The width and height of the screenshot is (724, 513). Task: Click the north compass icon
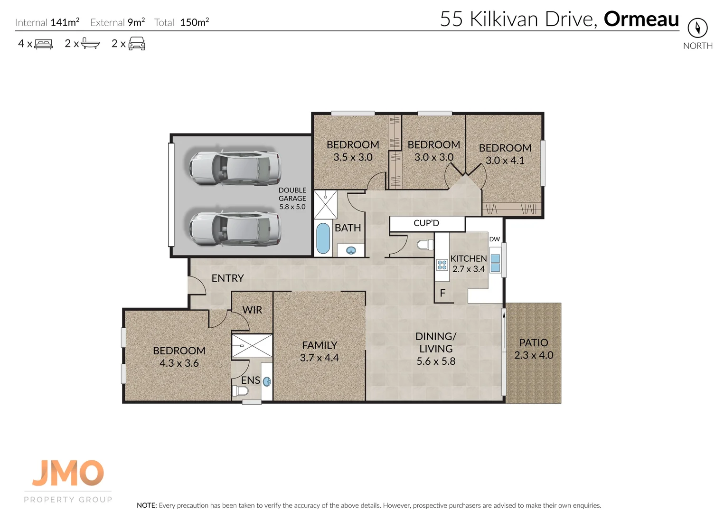point(697,28)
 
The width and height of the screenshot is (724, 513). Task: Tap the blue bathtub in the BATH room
point(323,238)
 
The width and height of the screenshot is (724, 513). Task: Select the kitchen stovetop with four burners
point(442,265)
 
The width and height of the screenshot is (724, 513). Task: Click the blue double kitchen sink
point(495,263)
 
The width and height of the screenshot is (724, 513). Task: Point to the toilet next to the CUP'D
point(424,245)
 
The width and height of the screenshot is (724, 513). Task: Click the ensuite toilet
point(241,391)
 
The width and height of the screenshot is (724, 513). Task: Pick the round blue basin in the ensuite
point(267,381)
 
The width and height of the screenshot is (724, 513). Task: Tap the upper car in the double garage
point(235,168)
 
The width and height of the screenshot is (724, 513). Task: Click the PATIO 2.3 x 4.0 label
point(534,349)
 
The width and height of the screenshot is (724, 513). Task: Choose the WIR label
point(252,310)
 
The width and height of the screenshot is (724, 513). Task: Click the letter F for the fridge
point(442,293)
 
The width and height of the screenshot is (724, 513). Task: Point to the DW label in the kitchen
point(495,239)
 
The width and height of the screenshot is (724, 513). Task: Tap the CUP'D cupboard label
point(426,223)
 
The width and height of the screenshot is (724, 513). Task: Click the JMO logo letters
point(68,473)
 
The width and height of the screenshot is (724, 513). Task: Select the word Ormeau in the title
point(641,19)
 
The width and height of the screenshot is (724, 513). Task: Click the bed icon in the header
point(44,44)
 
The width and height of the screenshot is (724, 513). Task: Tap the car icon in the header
point(137,44)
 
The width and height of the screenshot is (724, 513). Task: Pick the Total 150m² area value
point(194,22)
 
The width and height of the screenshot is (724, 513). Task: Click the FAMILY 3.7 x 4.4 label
point(320,351)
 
